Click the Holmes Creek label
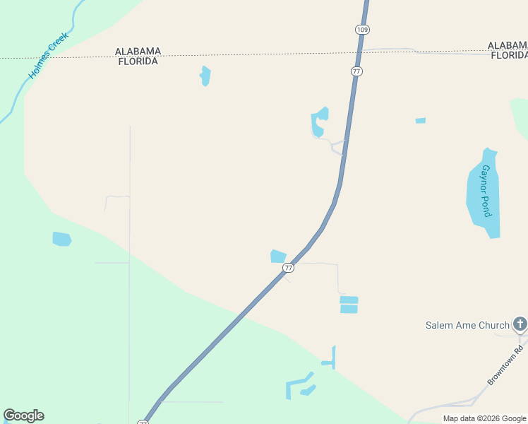point(49,55)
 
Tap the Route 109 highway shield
point(362,29)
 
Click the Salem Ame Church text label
point(467,325)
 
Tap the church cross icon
point(520,324)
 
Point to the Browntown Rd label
point(505,365)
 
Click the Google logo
point(23,416)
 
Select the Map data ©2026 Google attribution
point(484,419)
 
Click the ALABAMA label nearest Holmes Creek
point(138,52)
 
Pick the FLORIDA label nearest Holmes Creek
point(138,61)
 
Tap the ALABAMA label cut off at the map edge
point(508,46)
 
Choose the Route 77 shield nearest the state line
point(356,71)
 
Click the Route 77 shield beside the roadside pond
point(288,268)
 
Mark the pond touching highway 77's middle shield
point(278,256)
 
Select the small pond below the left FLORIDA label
point(205,76)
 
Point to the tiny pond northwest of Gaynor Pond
point(421,121)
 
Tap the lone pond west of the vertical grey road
point(62,239)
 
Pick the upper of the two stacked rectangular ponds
point(349,300)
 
